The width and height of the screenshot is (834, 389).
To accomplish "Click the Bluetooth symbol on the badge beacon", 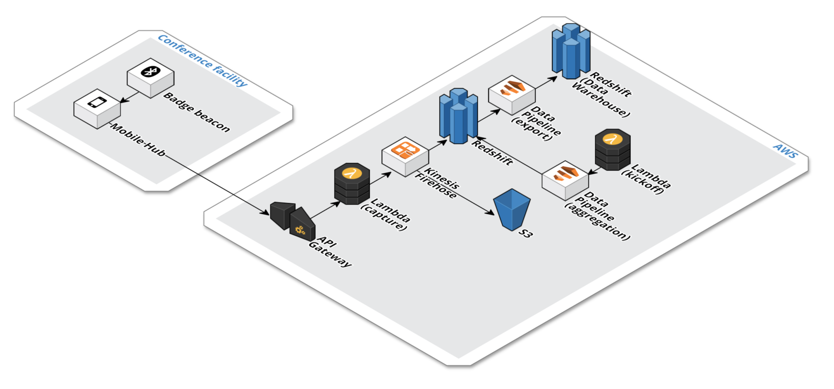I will (151, 72).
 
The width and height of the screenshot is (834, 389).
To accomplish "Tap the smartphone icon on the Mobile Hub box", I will (97, 102).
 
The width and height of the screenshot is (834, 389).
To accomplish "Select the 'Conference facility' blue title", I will (202, 61).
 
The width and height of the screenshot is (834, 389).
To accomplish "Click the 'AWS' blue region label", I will (786, 151).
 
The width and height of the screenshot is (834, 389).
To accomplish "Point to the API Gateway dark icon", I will (293, 221).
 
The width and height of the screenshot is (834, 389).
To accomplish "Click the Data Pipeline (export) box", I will (511, 95).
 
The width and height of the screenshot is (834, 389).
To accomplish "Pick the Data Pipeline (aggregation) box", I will (565, 180).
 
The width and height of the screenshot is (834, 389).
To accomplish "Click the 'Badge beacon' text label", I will (196, 112).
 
